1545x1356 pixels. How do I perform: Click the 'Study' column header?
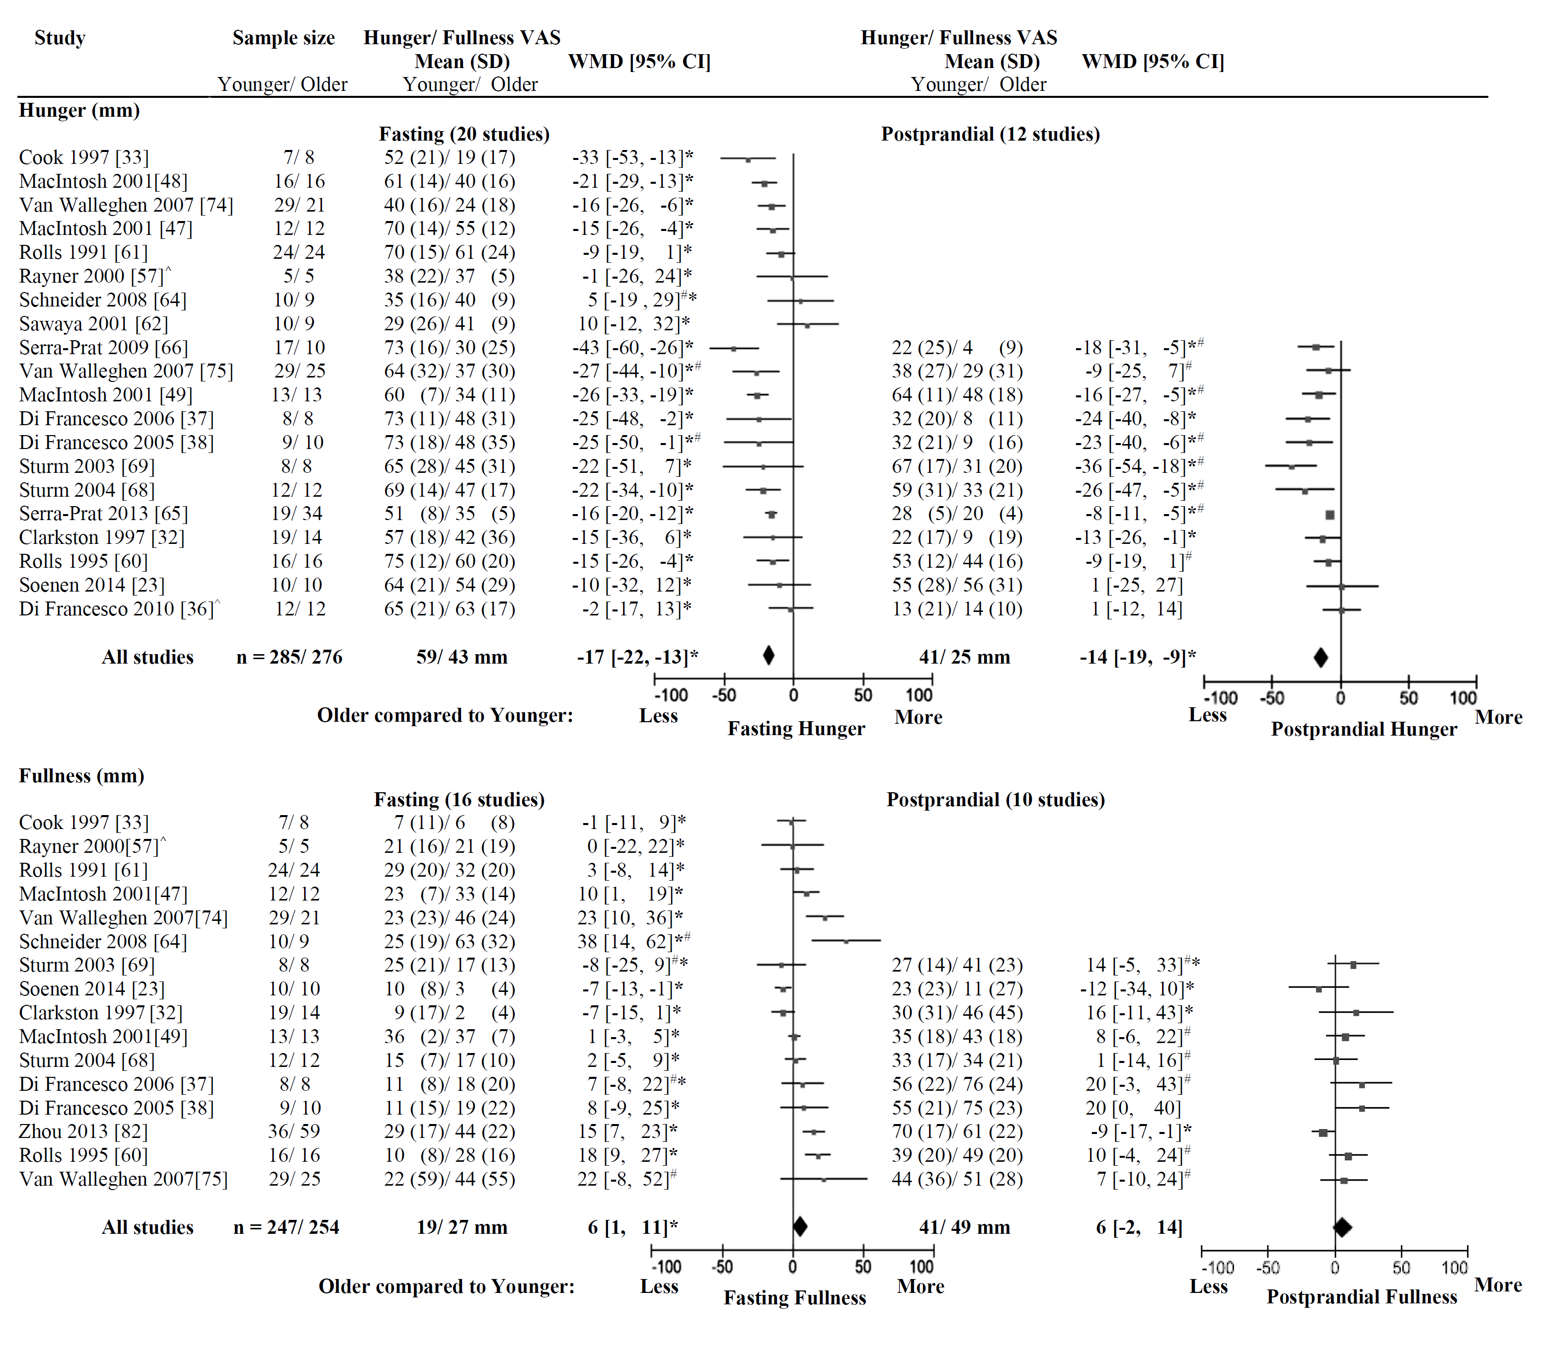click(60, 38)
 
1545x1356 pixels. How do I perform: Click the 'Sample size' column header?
click(284, 38)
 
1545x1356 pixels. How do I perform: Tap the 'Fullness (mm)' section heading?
click(81, 775)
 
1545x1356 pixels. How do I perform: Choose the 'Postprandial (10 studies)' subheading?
click(996, 800)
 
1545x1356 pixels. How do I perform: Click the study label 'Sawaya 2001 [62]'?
click(94, 323)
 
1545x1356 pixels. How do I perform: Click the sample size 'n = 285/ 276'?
click(290, 657)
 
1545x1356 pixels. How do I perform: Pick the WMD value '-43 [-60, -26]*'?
click(632, 348)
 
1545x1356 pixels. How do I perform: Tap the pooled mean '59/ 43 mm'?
click(462, 657)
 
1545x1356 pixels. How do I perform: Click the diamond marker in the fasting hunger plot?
click(769, 655)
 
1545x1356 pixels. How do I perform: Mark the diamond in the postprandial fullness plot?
click(1342, 1227)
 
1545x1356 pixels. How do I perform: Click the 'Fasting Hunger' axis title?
click(796, 729)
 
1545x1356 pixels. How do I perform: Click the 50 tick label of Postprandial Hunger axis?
click(1408, 698)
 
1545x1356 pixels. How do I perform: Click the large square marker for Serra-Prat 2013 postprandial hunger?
click(1329, 515)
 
